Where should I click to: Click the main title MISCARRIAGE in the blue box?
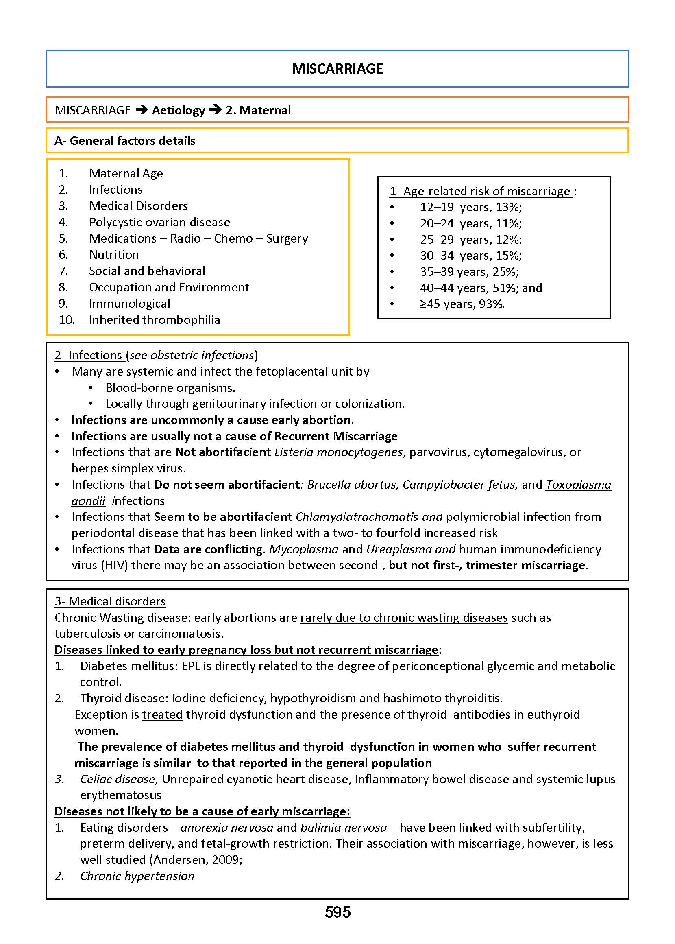click(337, 69)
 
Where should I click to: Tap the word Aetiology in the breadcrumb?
click(179, 110)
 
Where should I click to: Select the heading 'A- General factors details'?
click(125, 140)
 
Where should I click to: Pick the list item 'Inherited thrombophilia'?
click(154, 320)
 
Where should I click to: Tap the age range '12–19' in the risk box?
click(437, 207)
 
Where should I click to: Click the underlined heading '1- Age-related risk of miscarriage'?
click(481, 191)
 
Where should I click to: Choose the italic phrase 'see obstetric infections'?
click(192, 355)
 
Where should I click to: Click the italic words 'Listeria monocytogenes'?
click(338, 452)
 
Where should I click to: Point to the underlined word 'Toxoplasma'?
click(578, 485)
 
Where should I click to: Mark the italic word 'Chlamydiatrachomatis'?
click(357, 517)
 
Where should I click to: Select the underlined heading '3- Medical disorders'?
click(110, 601)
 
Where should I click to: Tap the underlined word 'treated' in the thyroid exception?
click(162, 715)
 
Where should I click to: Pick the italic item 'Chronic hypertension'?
click(137, 876)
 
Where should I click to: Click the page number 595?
click(337, 912)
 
